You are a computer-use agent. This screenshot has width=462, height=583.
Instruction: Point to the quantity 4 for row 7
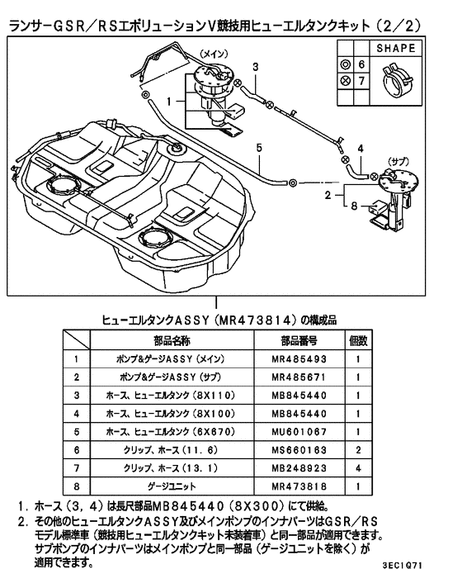pyautogui.click(x=358, y=468)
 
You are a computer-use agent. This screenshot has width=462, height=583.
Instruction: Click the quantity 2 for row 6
pyautogui.click(x=358, y=450)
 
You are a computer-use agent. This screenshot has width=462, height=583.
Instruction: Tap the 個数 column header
pyautogui.click(x=358, y=340)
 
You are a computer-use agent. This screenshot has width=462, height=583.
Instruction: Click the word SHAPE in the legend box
pyautogui.click(x=395, y=49)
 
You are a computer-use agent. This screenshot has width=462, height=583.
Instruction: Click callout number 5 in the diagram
pyautogui.click(x=258, y=148)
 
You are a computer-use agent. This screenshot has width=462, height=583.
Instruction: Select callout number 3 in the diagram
pyautogui.click(x=256, y=66)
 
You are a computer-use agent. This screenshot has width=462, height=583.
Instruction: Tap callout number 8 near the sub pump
pyautogui.click(x=355, y=208)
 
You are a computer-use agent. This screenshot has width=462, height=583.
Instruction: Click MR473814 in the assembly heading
pyautogui.click(x=256, y=318)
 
